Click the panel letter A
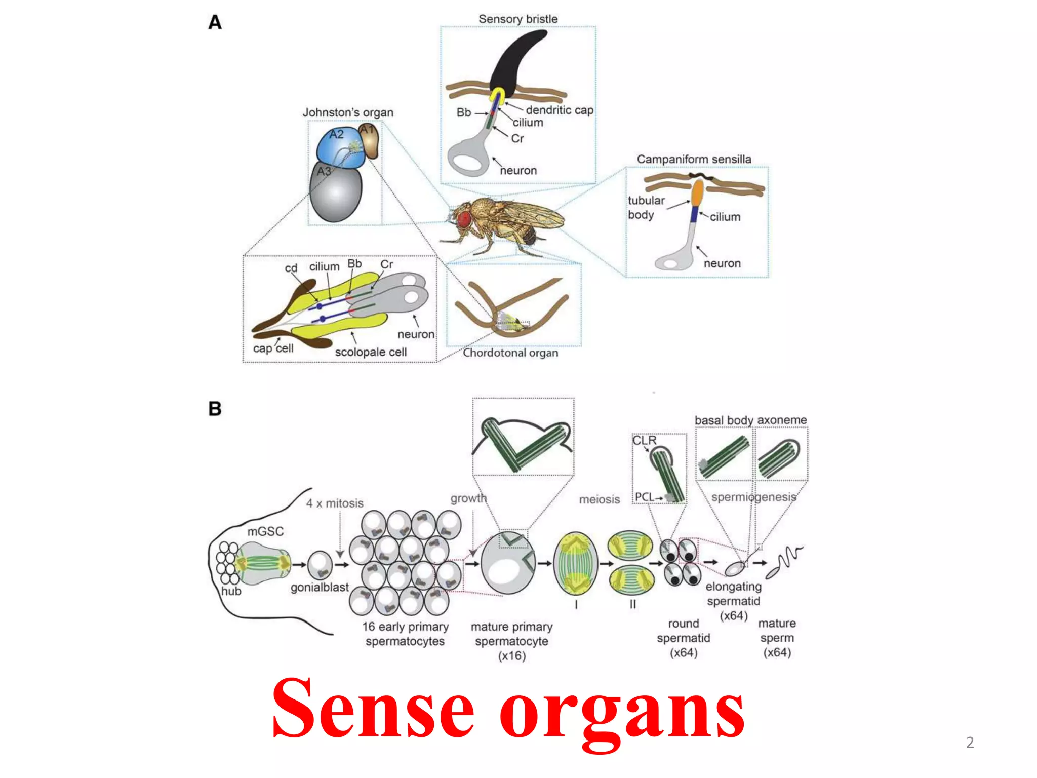point(215,23)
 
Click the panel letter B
point(215,408)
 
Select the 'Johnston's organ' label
point(348,112)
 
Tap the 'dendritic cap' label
point(559,110)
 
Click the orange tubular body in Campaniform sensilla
point(697,192)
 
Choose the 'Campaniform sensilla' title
point(694,159)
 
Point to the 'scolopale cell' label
point(371,352)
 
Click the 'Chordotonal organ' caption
point(510,353)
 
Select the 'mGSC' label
point(265,531)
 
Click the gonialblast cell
point(320,564)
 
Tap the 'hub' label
point(231,591)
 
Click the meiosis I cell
point(575,563)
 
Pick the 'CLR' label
point(644,440)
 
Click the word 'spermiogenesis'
point(753,497)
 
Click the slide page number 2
point(970,742)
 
